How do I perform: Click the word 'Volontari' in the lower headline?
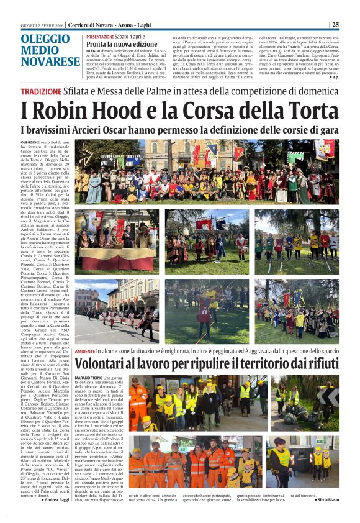[109, 365]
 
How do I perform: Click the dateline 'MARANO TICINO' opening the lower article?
[88, 378]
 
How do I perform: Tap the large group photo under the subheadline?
[207, 172]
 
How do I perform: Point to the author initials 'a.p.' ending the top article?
[335, 77]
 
